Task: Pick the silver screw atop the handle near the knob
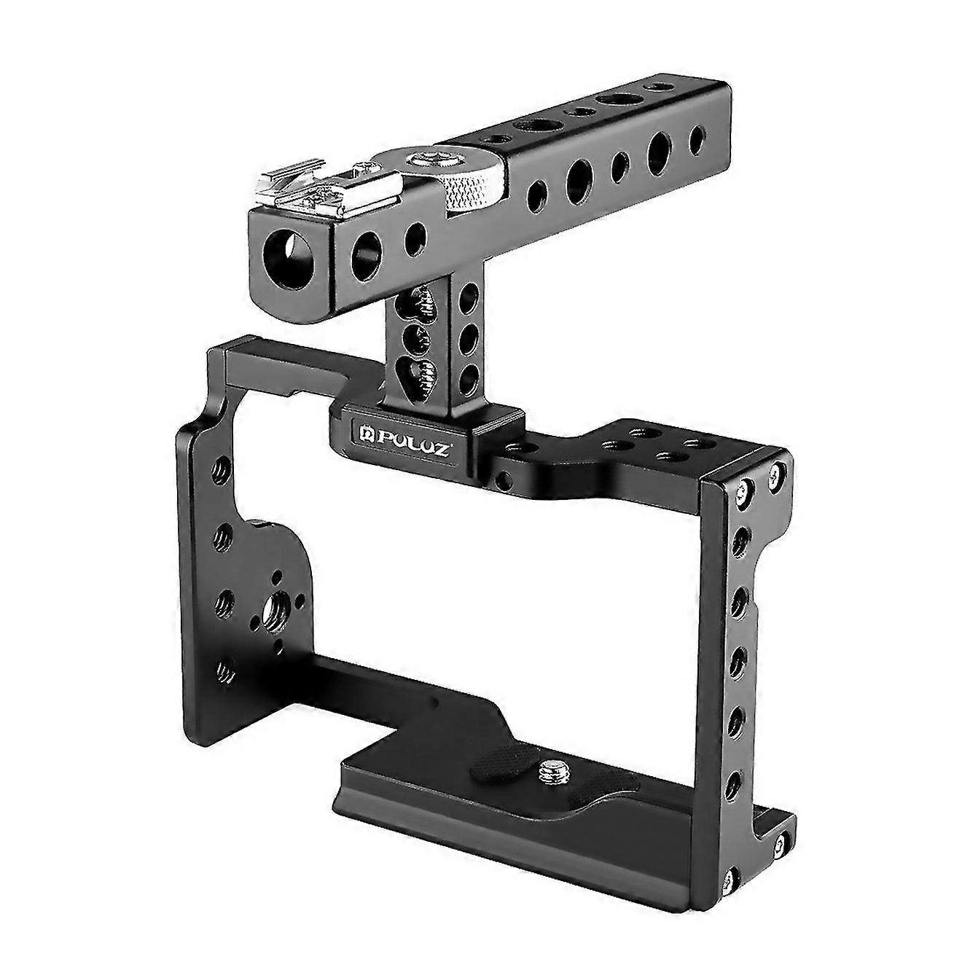click(422, 156)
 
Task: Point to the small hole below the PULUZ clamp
click(503, 479)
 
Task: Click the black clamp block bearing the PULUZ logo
click(426, 434)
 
